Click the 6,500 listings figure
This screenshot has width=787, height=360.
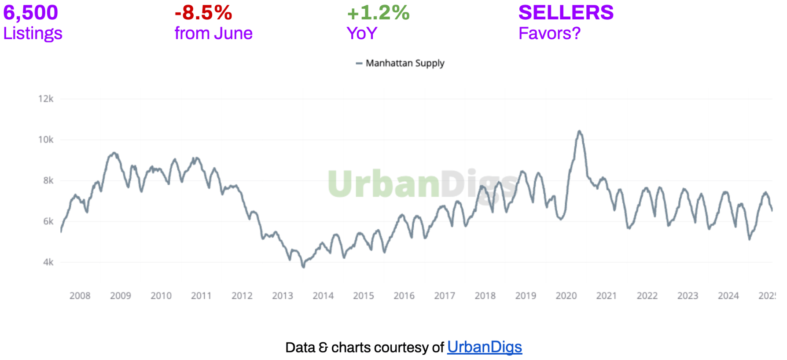[x=30, y=13]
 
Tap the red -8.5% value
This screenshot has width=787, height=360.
[x=203, y=13]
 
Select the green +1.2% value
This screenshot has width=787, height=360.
[x=378, y=13]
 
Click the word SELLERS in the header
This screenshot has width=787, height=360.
[x=566, y=13]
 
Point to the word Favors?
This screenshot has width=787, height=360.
[x=549, y=33]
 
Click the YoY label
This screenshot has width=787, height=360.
[x=362, y=33]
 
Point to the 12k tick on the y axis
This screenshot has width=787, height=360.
[x=46, y=99]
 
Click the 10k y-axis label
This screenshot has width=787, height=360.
[x=46, y=140]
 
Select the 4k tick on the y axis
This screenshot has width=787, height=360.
[x=48, y=262]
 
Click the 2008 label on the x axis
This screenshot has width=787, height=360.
[x=80, y=296]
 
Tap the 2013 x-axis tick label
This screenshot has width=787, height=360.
[x=283, y=296]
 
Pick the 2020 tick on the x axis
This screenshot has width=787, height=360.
[x=566, y=296]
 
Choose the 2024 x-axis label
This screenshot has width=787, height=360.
[x=728, y=296]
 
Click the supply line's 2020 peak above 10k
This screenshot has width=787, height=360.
[x=579, y=131]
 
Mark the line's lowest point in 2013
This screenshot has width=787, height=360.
[x=303, y=267]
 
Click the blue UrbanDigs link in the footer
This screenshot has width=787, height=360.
[x=484, y=347]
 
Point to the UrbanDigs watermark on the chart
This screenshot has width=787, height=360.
[x=423, y=184]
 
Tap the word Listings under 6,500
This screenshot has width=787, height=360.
[x=33, y=33]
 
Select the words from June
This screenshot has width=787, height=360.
[x=213, y=33]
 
